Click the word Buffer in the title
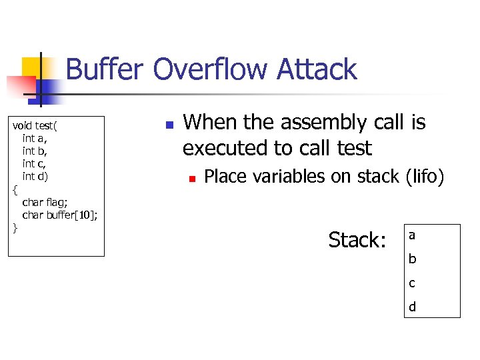[x=105, y=70]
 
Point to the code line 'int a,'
[x=35, y=138]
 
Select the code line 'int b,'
[x=35, y=151]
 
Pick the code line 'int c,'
[x=35, y=163]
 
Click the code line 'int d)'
[x=35, y=176]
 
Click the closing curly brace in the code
[x=15, y=228]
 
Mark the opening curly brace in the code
[x=15, y=189]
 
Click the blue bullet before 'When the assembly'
[x=169, y=125]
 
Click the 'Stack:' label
[x=357, y=240]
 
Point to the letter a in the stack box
[x=412, y=235]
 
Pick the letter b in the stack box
[x=412, y=259]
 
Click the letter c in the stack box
[x=412, y=283]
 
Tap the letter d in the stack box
[x=412, y=307]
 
